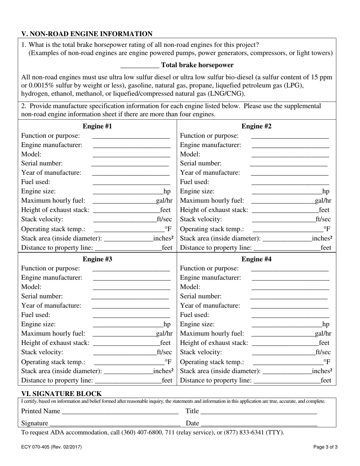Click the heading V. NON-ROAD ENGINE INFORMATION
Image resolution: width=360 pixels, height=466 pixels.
point(87,34)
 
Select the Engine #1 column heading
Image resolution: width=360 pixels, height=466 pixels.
point(97,126)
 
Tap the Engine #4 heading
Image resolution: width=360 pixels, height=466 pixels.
point(257,259)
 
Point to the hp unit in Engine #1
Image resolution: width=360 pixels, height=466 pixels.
point(167,191)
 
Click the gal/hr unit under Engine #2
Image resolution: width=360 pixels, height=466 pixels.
point(323,200)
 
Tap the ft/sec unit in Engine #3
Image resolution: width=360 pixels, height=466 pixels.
point(164,352)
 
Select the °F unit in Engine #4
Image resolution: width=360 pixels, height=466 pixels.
point(327,361)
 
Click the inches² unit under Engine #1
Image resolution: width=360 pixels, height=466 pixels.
point(163,238)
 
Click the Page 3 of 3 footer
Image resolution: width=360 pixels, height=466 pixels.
point(326,447)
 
